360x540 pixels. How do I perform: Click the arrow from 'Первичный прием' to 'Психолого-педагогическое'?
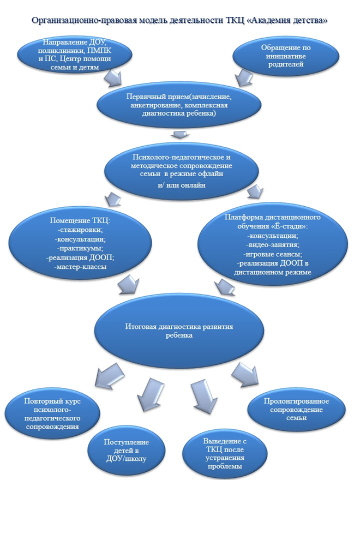(177, 134)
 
